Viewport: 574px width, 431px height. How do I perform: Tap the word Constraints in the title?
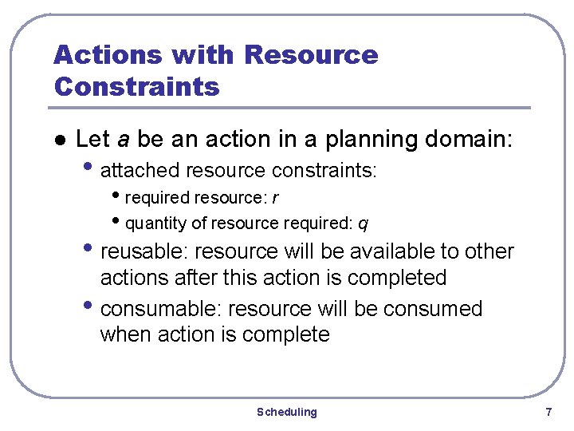(136, 85)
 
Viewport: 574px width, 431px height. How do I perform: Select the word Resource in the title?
(311, 55)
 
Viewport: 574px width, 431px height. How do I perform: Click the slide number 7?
(548, 412)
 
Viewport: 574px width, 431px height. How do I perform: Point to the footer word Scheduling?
(286, 412)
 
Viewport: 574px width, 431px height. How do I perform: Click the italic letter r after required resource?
(274, 197)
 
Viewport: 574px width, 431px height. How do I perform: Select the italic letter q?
(363, 224)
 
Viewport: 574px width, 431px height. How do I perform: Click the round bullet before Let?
(57, 140)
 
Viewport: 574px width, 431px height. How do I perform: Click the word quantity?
(152, 223)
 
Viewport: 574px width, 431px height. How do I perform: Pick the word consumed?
(431, 309)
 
